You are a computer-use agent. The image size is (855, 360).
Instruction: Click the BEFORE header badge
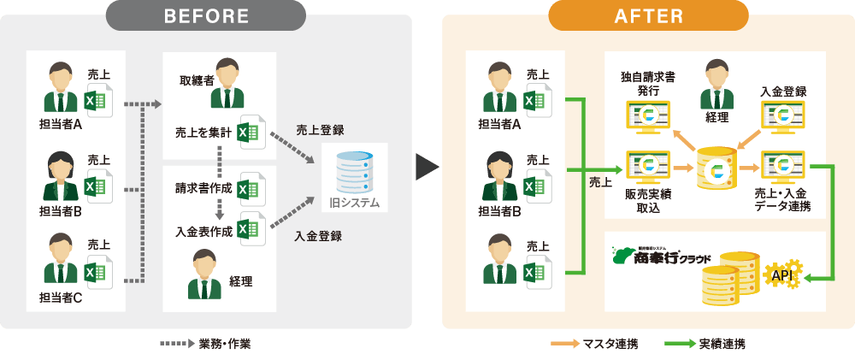205,15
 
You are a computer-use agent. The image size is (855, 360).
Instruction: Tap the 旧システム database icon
354,172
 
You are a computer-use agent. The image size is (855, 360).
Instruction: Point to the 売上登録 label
320,130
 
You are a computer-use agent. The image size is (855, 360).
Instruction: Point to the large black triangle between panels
426,167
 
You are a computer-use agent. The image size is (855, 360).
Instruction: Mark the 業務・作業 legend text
225,345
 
